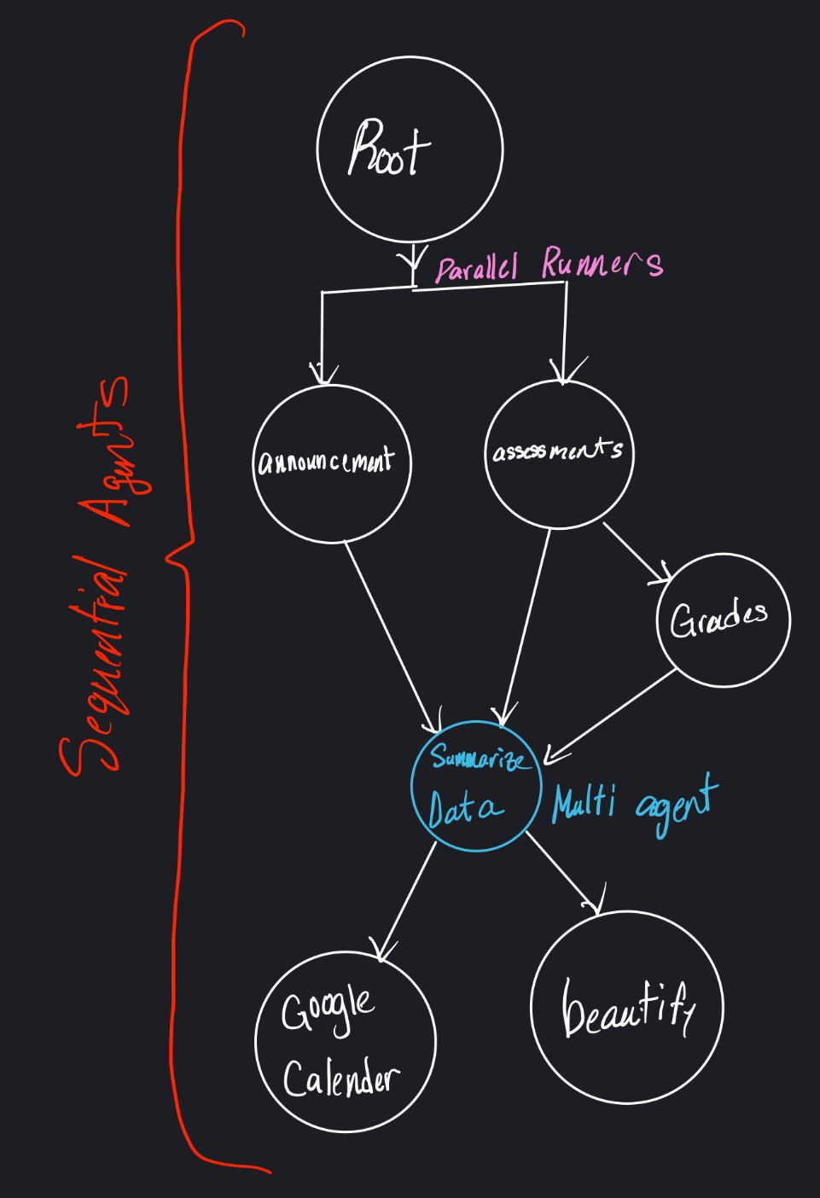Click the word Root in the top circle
pyautogui.click(x=388, y=150)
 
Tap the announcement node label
pyautogui.click(x=326, y=462)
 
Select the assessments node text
pyautogui.click(x=558, y=451)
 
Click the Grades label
pyautogui.click(x=718, y=619)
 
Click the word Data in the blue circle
pyautogui.click(x=464, y=808)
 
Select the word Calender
pyautogui.click(x=340, y=1079)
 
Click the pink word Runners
pyautogui.click(x=602, y=263)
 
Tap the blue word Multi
pyautogui.click(x=584, y=804)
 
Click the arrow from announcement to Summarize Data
pyautogui.click(x=392, y=636)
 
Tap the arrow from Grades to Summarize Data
pyautogui.click(x=611, y=713)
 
